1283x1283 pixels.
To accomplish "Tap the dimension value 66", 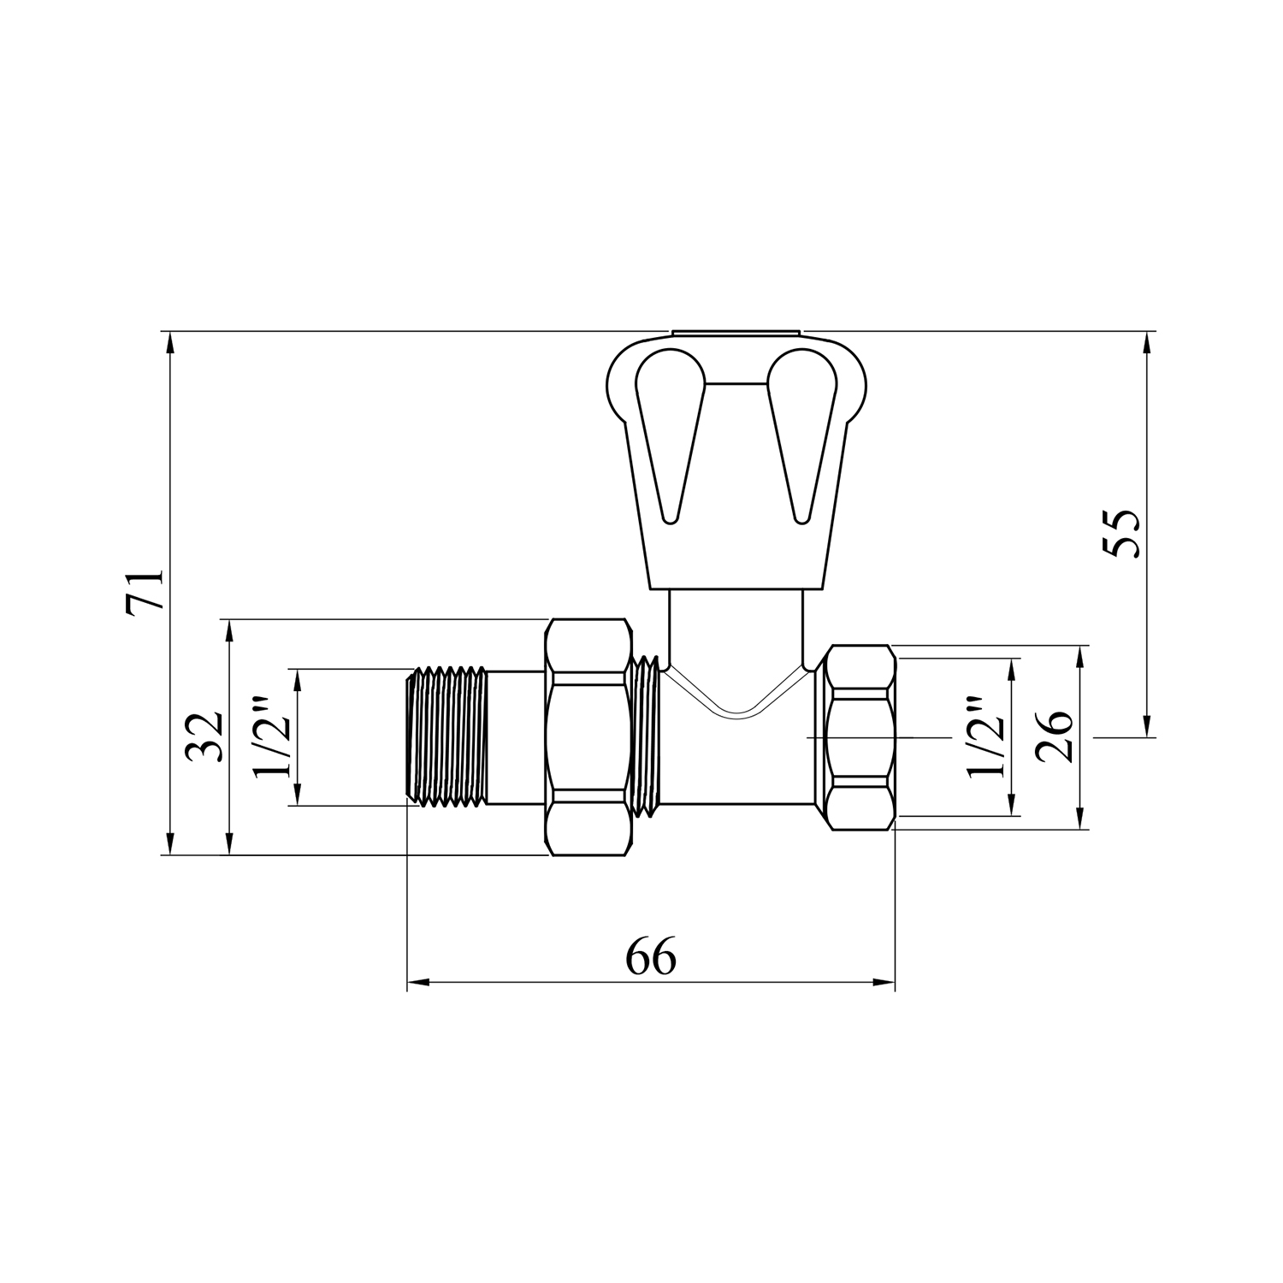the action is [x=651, y=957].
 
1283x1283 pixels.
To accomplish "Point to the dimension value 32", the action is [x=205, y=736].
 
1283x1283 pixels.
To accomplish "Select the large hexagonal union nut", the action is [x=588, y=736].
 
